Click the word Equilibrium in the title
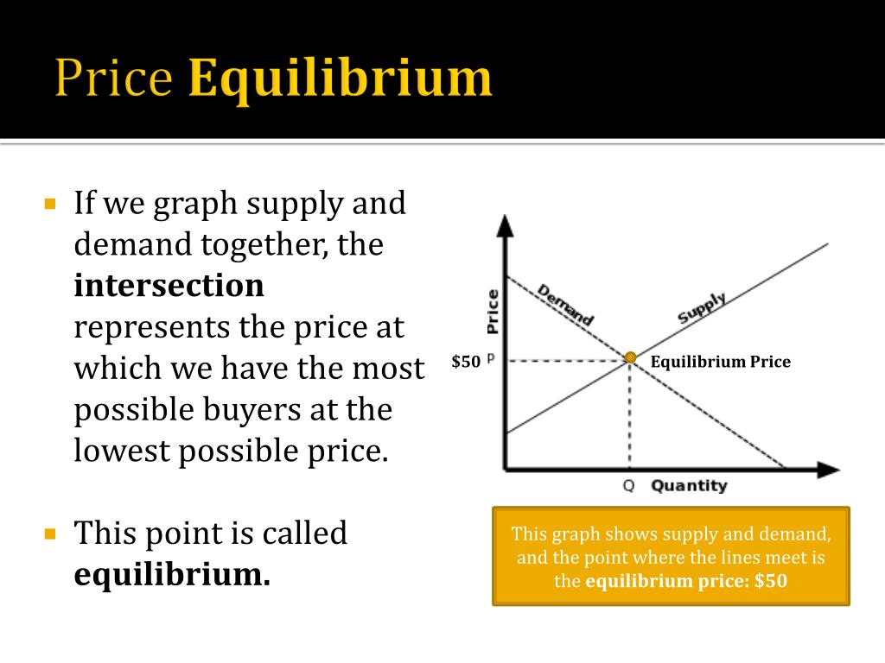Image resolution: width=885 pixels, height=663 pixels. (341, 79)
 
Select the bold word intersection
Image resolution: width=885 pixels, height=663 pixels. (169, 285)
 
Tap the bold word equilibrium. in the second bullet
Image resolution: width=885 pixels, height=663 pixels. (172, 574)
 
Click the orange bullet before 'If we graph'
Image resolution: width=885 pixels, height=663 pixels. (49, 204)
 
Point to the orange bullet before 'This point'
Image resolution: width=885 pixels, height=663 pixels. (49, 534)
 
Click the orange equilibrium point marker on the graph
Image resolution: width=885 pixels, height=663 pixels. (630, 357)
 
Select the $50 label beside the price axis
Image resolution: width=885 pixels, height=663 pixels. (466, 362)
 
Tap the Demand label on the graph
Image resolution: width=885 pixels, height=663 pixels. (565, 305)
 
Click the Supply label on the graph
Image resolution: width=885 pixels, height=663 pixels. (702, 308)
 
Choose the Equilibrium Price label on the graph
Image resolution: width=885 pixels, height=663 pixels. (720, 362)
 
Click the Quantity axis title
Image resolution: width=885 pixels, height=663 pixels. (689, 485)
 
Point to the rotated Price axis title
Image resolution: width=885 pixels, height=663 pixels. (493, 311)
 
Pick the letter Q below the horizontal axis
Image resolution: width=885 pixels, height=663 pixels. (629, 485)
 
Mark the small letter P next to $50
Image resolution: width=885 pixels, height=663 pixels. (491, 358)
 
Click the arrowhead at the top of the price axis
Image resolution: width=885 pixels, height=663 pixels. (505, 225)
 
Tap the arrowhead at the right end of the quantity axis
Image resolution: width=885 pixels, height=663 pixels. (829, 469)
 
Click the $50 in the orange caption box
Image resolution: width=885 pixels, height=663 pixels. (770, 581)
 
